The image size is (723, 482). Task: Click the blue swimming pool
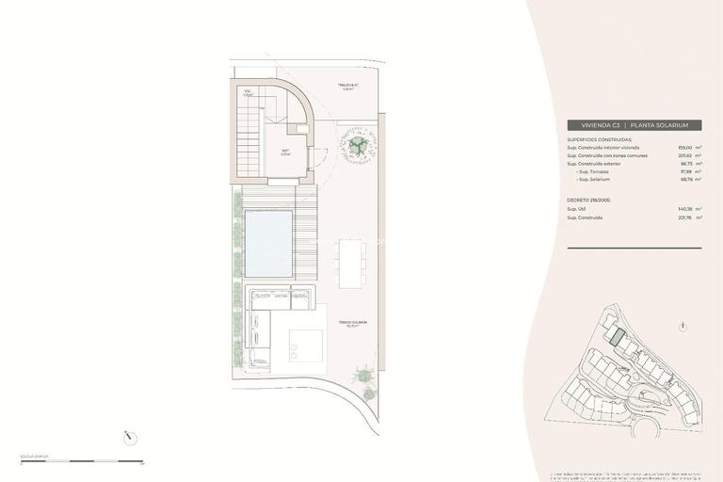pos(268,242)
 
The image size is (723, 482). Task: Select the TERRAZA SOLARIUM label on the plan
pos(353,322)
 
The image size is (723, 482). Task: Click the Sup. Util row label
pos(578,209)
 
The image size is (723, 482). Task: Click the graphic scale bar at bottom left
pos(80,461)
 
